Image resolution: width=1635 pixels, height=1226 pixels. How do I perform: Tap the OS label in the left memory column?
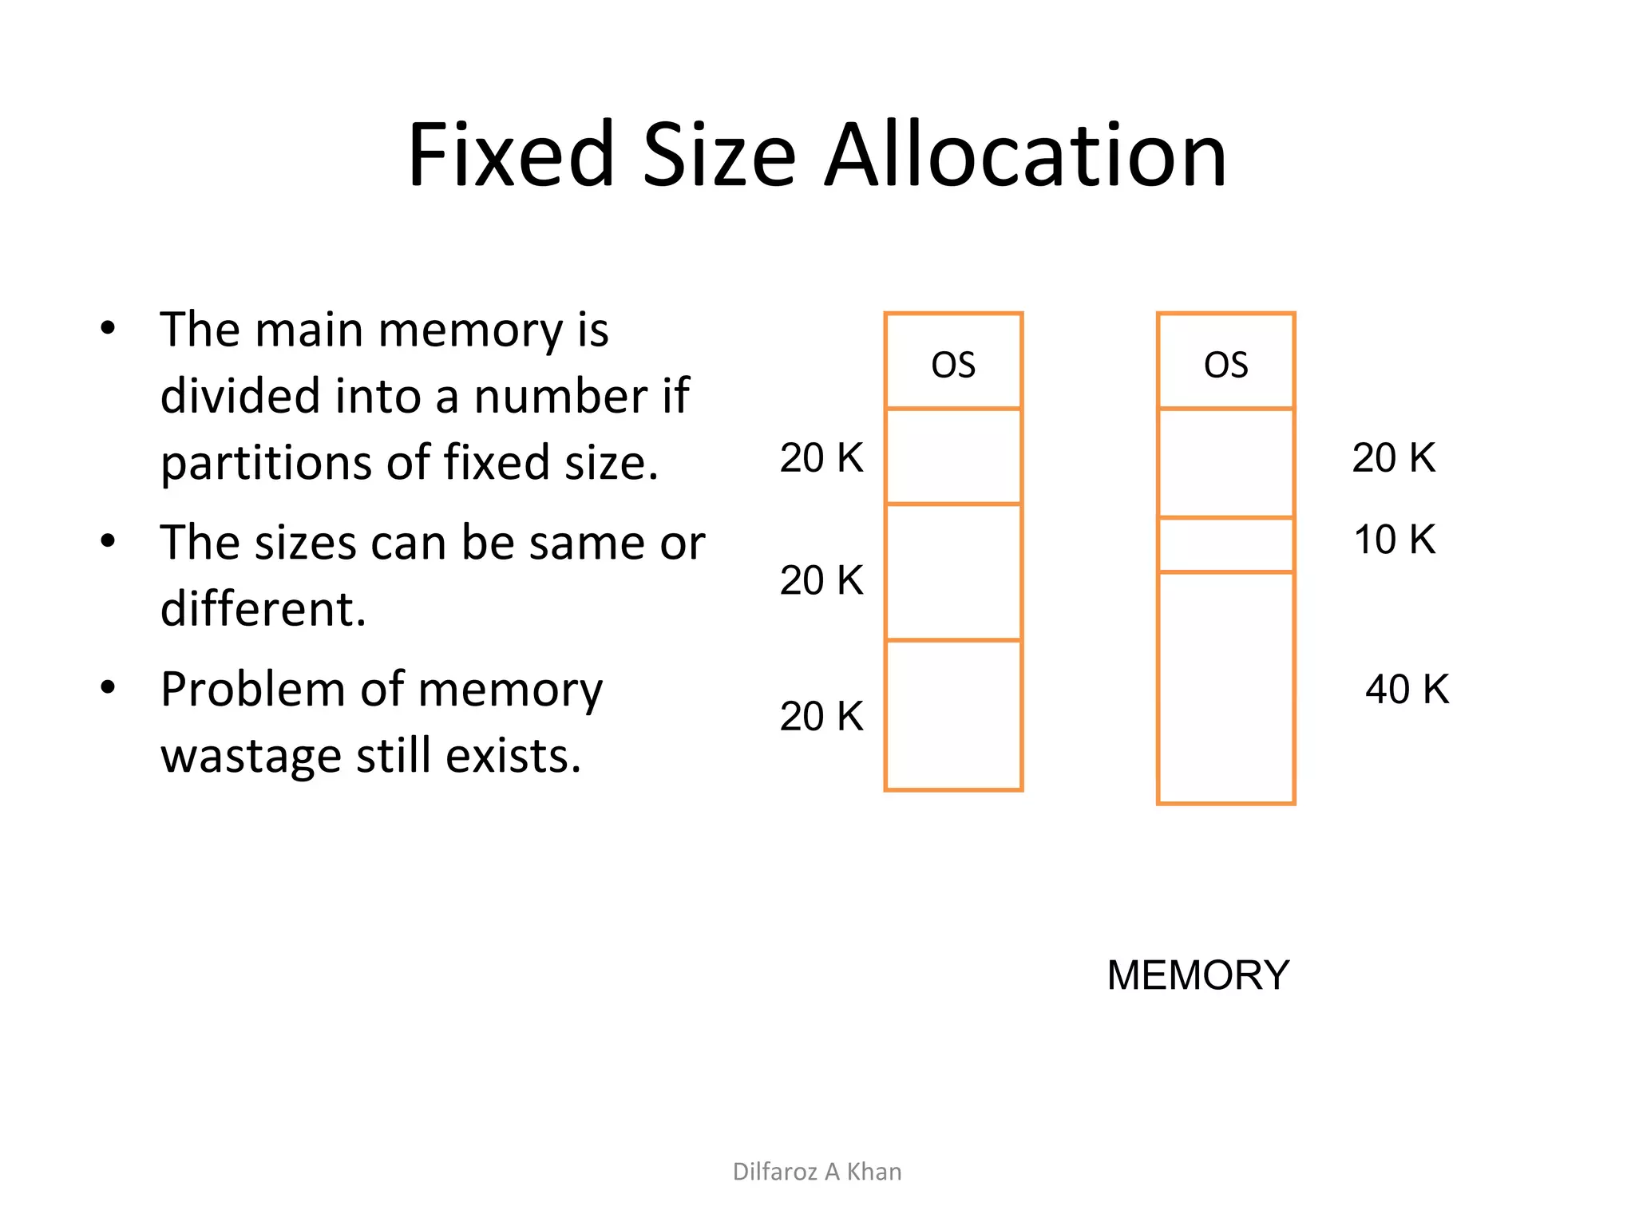pyautogui.click(x=953, y=365)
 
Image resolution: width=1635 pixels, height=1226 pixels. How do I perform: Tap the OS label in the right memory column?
pyautogui.click(x=1225, y=365)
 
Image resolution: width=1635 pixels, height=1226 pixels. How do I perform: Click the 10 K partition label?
pyautogui.click(x=1395, y=540)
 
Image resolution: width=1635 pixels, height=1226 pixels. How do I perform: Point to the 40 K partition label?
pyautogui.click(x=1407, y=689)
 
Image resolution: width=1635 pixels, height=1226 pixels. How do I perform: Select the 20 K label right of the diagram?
pyautogui.click(x=1394, y=458)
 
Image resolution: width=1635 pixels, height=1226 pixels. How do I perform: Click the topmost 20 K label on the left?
pyautogui.click(x=821, y=458)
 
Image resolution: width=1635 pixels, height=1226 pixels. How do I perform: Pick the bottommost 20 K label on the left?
pyautogui.click(x=821, y=716)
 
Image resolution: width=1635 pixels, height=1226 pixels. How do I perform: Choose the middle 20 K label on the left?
pyautogui.click(x=821, y=580)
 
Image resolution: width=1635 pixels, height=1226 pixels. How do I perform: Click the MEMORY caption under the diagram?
pyautogui.click(x=1198, y=975)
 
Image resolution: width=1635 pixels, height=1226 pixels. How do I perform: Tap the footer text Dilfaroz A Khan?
pyautogui.click(x=817, y=1172)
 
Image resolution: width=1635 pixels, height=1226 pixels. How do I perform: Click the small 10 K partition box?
pyautogui.click(x=1225, y=544)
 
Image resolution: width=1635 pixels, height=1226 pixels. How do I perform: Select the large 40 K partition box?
pyautogui.click(x=1225, y=687)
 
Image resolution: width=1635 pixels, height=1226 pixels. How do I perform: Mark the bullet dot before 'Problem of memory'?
pyautogui.click(x=109, y=686)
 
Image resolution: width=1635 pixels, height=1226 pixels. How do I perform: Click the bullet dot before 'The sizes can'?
pyautogui.click(x=109, y=540)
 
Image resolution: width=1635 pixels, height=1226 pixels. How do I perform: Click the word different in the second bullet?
pyautogui.click(x=263, y=610)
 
